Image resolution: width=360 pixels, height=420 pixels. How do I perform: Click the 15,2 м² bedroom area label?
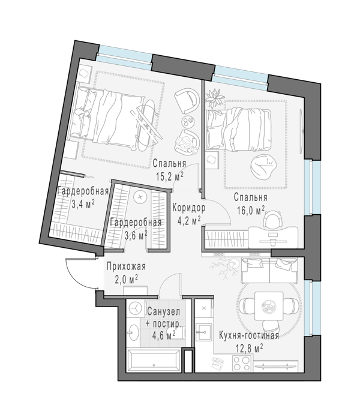(x=170, y=176)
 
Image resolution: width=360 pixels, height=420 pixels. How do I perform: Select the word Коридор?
(x=189, y=208)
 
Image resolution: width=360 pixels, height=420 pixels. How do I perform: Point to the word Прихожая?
(x=126, y=267)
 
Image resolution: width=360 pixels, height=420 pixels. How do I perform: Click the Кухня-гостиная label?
(x=249, y=335)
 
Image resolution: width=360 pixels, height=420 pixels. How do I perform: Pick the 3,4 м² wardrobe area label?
(x=83, y=205)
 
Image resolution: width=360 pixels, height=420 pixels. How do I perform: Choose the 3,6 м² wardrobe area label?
(x=136, y=235)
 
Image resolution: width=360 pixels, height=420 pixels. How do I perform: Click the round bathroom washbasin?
(x=133, y=332)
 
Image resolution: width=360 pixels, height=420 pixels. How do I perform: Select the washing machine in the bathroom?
(x=136, y=308)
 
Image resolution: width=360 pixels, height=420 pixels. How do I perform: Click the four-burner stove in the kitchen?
(x=242, y=363)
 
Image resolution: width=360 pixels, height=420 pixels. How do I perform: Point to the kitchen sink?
(x=203, y=332)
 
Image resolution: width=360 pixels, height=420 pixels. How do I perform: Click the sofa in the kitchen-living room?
(x=270, y=271)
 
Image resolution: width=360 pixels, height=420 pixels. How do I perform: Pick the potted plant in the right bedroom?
(x=215, y=98)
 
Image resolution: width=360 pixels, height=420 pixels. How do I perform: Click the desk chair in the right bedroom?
(x=273, y=218)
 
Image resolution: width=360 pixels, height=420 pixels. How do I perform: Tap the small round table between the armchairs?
(x=188, y=122)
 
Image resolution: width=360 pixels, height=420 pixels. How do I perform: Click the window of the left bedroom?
(x=124, y=58)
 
